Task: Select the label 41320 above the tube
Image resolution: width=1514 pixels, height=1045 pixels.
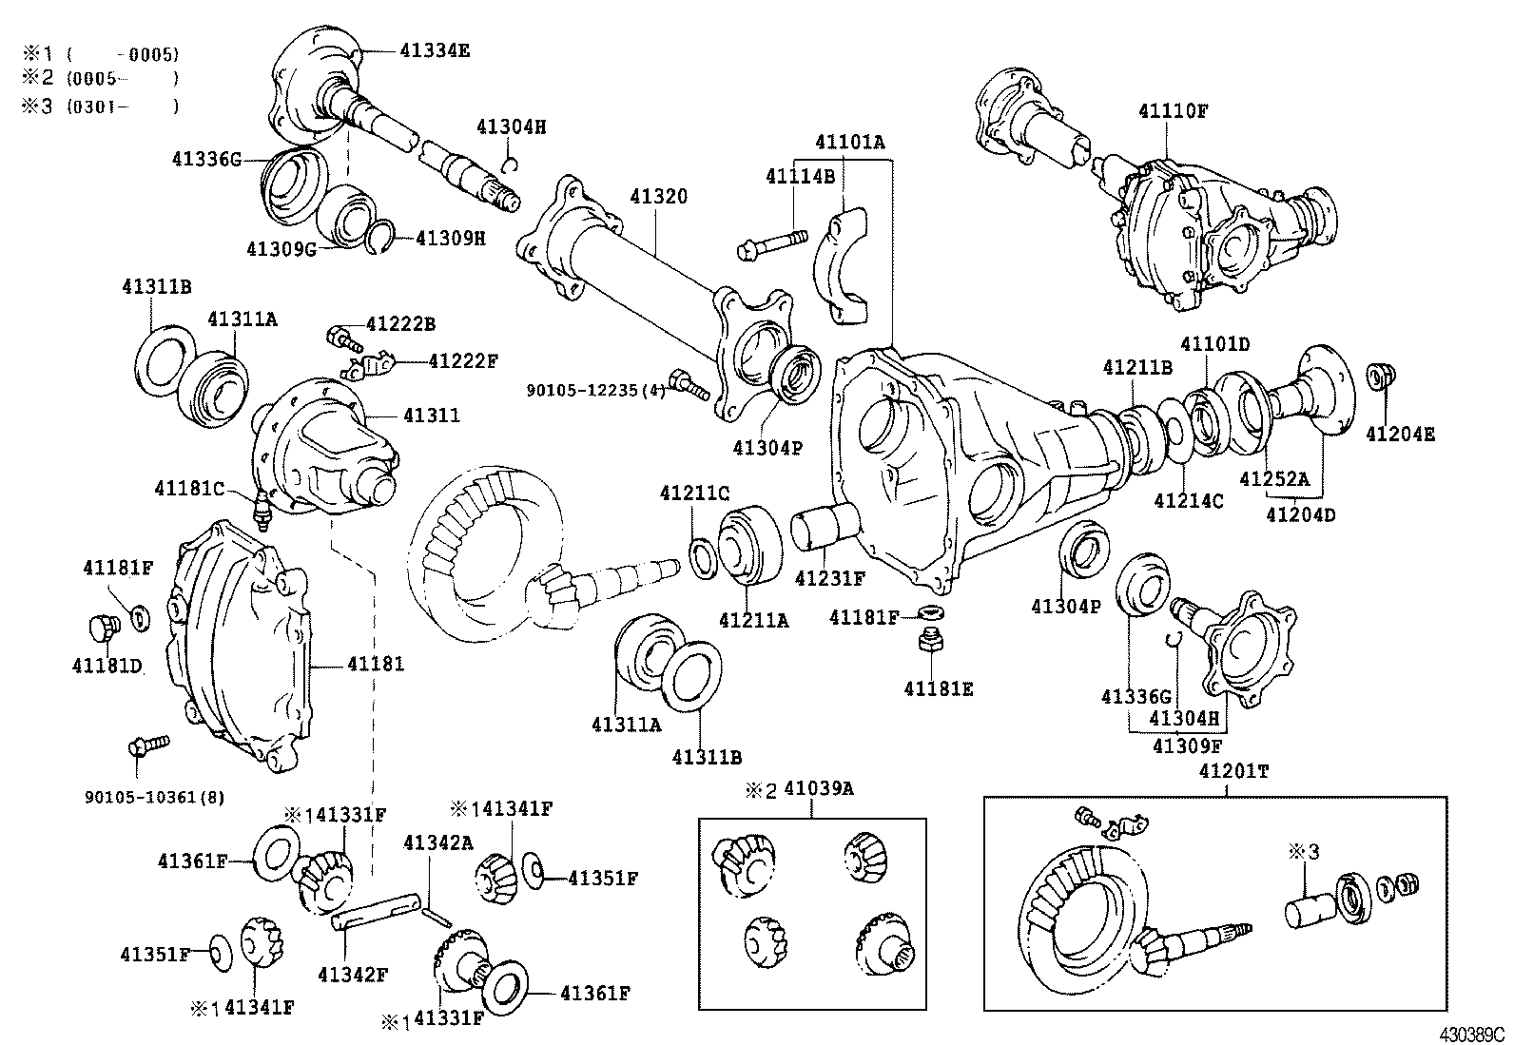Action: (x=658, y=197)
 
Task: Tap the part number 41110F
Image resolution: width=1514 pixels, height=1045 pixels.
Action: (x=1174, y=110)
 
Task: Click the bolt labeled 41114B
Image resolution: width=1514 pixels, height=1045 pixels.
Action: (x=770, y=242)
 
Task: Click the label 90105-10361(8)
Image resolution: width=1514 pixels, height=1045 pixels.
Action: (x=155, y=797)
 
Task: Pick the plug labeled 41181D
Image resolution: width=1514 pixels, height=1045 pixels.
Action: (x=98, y=628)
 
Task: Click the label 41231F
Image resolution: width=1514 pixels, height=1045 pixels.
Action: (x=829, y=577)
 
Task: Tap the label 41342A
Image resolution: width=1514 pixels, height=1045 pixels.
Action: (x=437, y=842)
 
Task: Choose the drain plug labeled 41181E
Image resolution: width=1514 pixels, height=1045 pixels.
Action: (x=929, y=646)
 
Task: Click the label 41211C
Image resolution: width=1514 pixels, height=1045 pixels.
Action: (x=695, y=493)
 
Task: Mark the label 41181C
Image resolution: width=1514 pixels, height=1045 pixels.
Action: (x=189, y=489)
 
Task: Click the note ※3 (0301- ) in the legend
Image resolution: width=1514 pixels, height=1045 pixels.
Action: (x=100, y=106)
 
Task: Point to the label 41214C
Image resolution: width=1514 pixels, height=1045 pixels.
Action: (x=1189, y=500)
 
